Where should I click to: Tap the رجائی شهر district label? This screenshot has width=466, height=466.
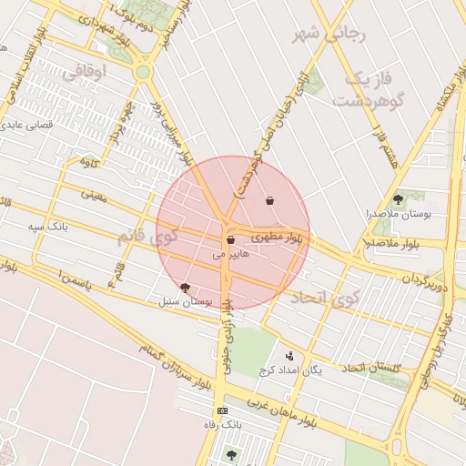329,34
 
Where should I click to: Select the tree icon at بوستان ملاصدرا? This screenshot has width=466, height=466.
397,198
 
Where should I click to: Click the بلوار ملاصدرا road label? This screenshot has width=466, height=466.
393,243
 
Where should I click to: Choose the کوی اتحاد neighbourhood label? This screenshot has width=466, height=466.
326,297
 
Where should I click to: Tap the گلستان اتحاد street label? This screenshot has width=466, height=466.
371,367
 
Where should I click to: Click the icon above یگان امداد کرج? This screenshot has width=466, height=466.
289,356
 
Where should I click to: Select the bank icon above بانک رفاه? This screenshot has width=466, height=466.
223,410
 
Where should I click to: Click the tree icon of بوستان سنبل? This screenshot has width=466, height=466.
186,288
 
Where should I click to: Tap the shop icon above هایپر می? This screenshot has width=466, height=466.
230,240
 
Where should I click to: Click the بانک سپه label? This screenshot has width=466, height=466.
47,224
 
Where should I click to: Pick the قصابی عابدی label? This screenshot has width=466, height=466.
35,124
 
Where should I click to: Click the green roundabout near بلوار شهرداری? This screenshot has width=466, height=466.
143,71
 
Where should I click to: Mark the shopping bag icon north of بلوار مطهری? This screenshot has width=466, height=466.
269,200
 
